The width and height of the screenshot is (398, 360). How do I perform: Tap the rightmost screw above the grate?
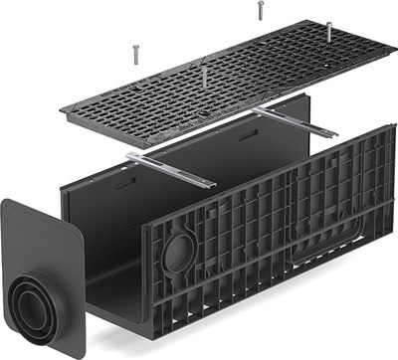pyautogui.click(x=328, y=30)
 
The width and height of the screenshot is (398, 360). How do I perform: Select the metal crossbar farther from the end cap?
pyautogui.click(x=293, y=121)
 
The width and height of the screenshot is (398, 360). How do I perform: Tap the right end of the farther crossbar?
pyautogui.click(x=336, y=134)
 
